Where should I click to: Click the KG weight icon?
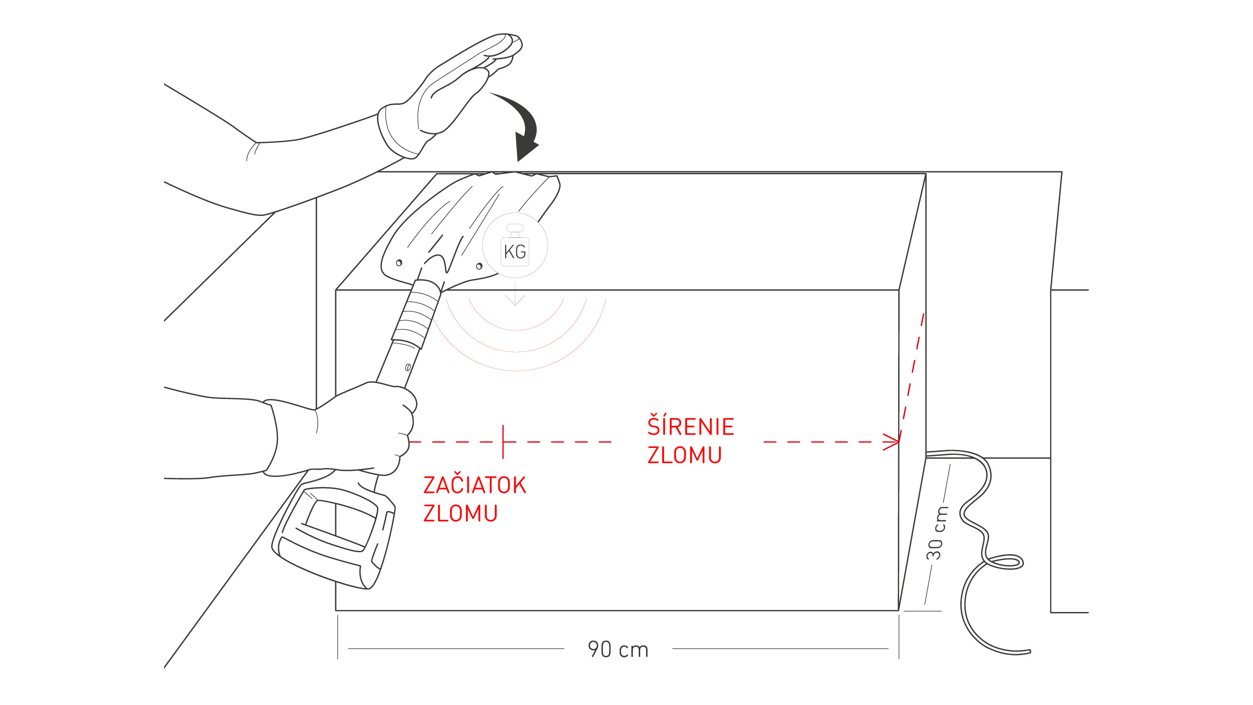pos(515,247)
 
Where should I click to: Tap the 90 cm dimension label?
pos(618,650)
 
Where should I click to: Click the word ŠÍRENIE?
pos(691,426)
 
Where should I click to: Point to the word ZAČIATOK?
pos(474,485)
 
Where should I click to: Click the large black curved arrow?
pos(523,127)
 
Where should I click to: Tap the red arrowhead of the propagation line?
pos(892,442)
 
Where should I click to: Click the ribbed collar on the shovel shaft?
pos(416,313)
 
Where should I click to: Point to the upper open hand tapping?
pos(450,88)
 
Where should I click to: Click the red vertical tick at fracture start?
pos(503,442)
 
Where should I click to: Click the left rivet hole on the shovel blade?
pos(399,263)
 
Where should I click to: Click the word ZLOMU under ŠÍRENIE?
pos(684,455)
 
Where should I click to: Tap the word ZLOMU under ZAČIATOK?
pos(460,514)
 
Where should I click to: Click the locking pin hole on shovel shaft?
pos(408,367)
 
